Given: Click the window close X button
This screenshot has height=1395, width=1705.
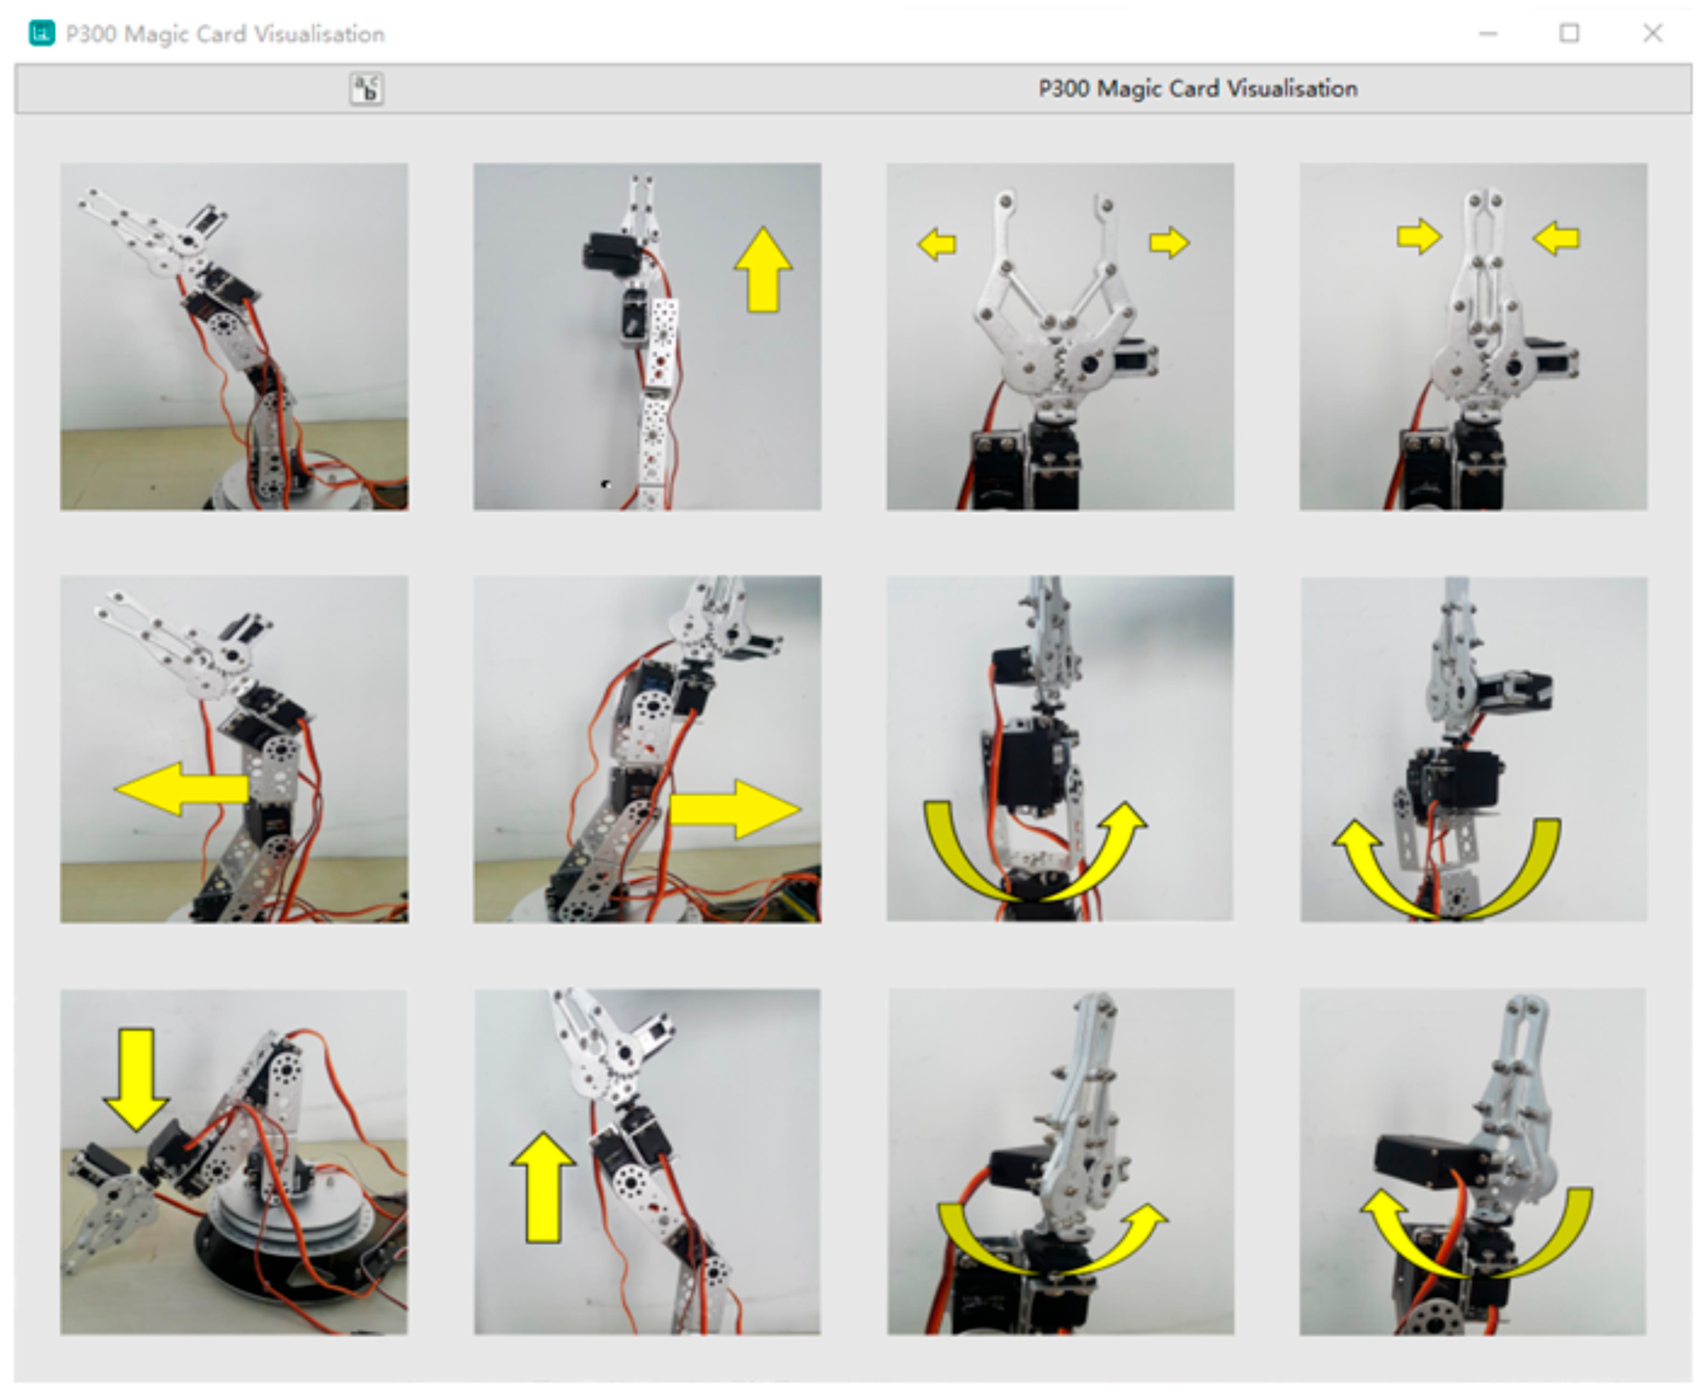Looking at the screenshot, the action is [1652, 33].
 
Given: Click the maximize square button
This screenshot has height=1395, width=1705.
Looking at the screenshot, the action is [1569, 33].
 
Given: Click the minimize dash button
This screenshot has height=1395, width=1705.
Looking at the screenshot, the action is [1488, 34].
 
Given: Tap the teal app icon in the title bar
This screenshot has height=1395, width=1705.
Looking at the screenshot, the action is [42, 33].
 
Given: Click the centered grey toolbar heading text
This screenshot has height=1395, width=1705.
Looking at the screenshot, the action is [1198, 88].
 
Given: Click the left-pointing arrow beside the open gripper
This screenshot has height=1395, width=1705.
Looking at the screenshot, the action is [937, 243].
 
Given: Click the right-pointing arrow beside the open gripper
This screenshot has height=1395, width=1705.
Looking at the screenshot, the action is [1169, 242].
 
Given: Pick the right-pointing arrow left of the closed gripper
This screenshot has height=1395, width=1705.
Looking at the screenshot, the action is [1419, 236].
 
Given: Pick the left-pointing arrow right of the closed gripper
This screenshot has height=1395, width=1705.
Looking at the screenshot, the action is [1557, 238].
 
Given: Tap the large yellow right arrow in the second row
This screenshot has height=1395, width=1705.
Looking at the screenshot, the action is [736, 809].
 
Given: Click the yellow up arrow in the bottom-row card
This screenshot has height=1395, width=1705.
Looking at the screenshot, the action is [543, 1187].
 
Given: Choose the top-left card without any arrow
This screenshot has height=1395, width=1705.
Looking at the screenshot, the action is [234, 337].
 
